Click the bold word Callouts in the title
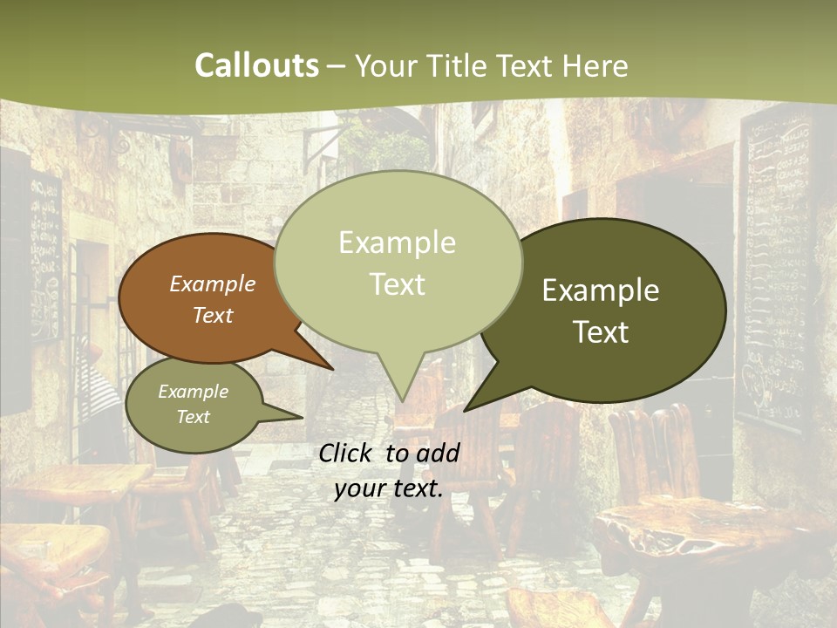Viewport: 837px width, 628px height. [x=256, y=65]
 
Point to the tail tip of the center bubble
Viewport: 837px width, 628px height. [x=402, y=401]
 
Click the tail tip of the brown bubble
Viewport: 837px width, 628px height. [x=334, y=369]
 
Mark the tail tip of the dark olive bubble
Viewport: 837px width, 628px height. [x=464, y=411]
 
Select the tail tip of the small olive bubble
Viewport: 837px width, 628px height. [x=303, y=417]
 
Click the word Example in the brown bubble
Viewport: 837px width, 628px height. [x=213, y=284]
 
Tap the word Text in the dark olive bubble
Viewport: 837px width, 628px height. [x=601, y=332]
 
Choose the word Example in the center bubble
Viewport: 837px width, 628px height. [x=397, y=242]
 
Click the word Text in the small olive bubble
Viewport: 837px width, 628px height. [x=194, y=417]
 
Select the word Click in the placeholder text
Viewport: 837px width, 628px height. [x=347, y=453]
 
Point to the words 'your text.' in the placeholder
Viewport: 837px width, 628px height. [x=388, y=489]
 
